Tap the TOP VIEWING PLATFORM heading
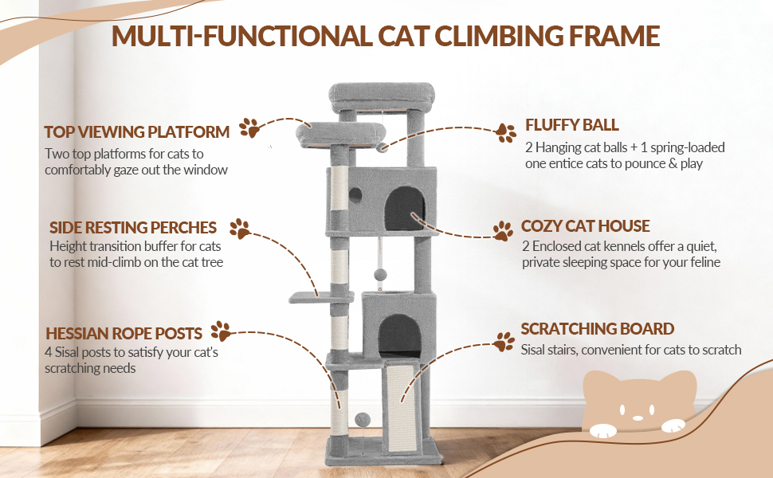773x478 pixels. pyautogui.click(x=136, y=132)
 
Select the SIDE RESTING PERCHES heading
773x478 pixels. pyautogui.click(x=132, y=227)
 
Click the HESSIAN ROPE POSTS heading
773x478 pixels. pyautogui.click(x=124, y=333)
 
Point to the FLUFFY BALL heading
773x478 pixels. pyautogui.click(x=572, y=124)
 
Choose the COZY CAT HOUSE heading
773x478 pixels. pyautogui.click(x=585, y=225)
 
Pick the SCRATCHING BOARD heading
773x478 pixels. pyautogui.click(x=598, y=329)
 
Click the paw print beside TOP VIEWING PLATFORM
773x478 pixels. pyautogui.click(x=249, y=127)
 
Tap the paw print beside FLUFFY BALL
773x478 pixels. pyautogui.click(x=506, y=132)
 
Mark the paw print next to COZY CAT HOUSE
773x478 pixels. pyautogui.click(x=503, y=230)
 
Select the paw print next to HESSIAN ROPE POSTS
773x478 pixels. pyautogui.click(x=221, y=331)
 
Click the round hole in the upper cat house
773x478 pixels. pyautogui.click(x=355, y=195)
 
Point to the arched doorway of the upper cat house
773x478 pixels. pyautogui.click(x=404, y=208)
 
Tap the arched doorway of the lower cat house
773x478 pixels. pyautogui.click(x=399, y=335)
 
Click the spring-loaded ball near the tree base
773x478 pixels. pyautogui.click(x=363, y=420)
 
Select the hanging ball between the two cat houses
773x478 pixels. pyautogui.click(x=379, y=275)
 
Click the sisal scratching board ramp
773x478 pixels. pyautogui.click(x=402, y=408)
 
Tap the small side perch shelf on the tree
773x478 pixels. pyautogui.click(x=321, y=297)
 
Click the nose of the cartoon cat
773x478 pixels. pyautogui.click(x=638, y=418)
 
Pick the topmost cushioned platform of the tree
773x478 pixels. pyautogui.click(x=382, y=97)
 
